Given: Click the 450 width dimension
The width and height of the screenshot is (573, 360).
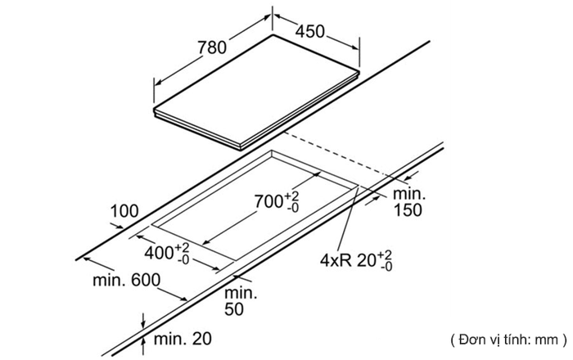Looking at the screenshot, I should click(x=310, y=31).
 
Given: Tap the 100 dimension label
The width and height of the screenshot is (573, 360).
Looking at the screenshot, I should click(x=124, y=212).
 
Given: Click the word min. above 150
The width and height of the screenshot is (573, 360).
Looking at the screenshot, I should click(x=407, y=194).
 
